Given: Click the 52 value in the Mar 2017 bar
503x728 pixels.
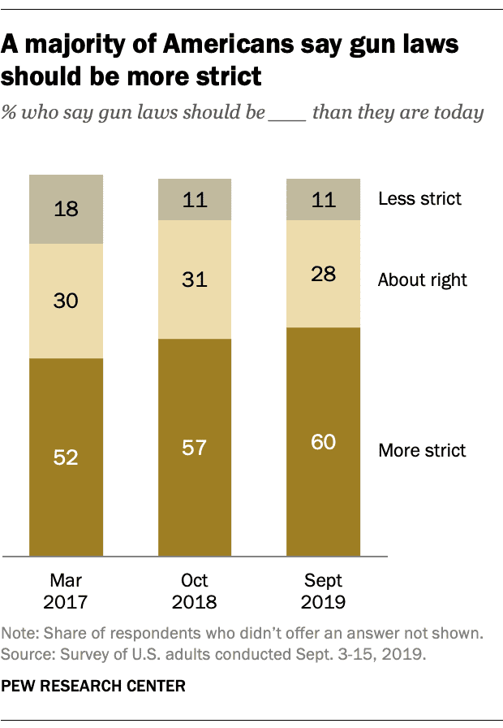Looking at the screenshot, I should pyautogui.click(x=66, y=457).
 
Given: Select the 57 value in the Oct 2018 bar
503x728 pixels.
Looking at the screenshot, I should pyautogui.click(x=195, y=448).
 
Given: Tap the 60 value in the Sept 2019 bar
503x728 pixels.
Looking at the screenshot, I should pyautogui.click(x=324, y=443).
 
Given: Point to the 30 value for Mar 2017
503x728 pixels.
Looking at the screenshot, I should pyautogui.click(x=66, y=301).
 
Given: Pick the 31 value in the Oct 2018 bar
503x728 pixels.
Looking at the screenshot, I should pyautogui.click(x=195, y=280).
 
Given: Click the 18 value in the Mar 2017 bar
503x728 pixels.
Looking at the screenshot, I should pyautogui.click(x=66, y=209).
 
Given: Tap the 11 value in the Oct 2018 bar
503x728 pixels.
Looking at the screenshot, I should pyautogui.click(x=195, y=199).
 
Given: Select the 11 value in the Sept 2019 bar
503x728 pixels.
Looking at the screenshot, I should pyautogui.click(x=324, y=199).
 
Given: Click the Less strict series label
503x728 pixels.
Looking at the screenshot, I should pyautogui.click(x=419, y=198).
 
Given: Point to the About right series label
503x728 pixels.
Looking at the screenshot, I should pyautogui.click(x=422, y=280).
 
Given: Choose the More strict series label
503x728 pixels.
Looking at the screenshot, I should pyautogui.click(x=422, y=450).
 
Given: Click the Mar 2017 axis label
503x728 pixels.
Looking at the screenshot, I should pyautogui.click(x=66, y=591).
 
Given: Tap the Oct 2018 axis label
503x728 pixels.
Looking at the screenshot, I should pyautogui.click(x=195, y=591).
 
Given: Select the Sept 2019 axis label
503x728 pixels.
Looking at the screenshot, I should pyautogui.click(x=324, y=591).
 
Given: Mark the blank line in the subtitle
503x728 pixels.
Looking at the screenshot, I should pyautogui.click(x=286, y=114).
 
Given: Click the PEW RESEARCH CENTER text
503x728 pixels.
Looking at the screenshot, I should pyautogui.click(x=93, y=687).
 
